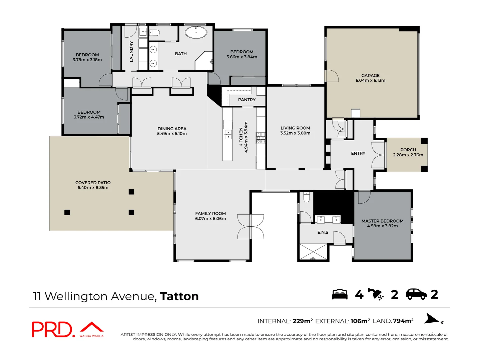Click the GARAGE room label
click(370, 76)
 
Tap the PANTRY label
click(247, 100)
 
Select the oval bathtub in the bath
click(196, 32)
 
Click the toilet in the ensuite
click(306, 197)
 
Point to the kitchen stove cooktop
click(261, 138)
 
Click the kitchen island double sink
click(228, 134)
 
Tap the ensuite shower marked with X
click(313, 252)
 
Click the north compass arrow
click(432, 319)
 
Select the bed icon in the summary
click(340, 294)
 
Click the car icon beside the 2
click(416, 294)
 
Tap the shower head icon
click(376, 294)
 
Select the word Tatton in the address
click(179, 296)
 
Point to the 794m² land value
click(403, 321)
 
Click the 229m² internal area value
click(303, 321)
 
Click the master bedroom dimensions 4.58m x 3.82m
click(382, 226)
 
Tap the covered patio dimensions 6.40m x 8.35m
click(93, 188)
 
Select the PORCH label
click(408, 150)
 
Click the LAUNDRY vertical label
click(131, 52)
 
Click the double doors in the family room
click(250, 227)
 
